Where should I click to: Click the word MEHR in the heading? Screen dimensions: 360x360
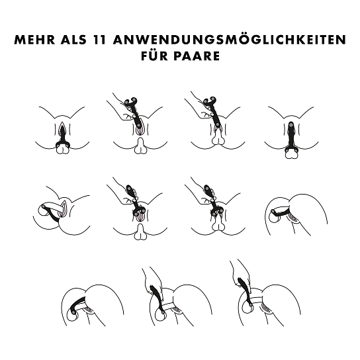click(x=35, y=40)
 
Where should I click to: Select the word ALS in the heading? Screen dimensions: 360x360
click(x=74, y=40)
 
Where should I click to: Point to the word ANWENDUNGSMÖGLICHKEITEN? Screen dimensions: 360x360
click(x=230, y=40)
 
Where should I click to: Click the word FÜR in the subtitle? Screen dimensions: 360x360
click(x=154, y=56)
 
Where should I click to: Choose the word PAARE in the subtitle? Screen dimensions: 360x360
click(x=197, y=56)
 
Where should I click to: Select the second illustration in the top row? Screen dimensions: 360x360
click(x=138, y=123)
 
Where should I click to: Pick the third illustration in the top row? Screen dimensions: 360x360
click(x=215, y=121)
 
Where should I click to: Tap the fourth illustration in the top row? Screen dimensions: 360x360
click(x=291, y=132)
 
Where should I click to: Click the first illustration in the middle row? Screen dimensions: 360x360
click(x=62, y=210)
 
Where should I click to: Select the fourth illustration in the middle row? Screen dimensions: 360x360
click(x=296, y=215)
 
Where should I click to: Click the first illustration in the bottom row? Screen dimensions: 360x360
click(x=93, y=305)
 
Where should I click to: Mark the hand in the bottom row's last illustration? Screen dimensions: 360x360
click(x=240, y=275)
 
